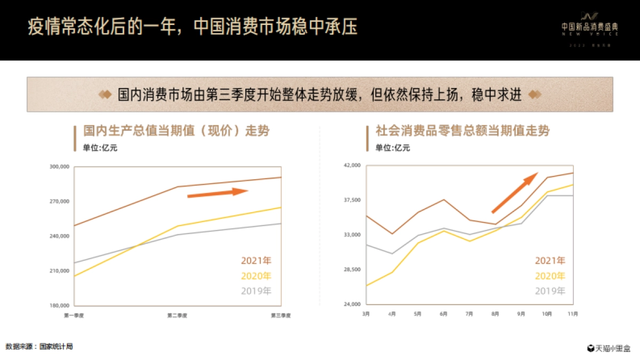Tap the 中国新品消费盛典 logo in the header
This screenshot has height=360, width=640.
[x=590, y=25]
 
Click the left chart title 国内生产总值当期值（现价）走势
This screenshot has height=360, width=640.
[x=176, y=131]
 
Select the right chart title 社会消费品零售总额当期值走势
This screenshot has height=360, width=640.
[x=462, y=131]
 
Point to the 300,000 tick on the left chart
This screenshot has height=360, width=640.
[x=59, y=167]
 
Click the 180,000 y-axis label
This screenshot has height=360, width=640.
[x=59, y=306]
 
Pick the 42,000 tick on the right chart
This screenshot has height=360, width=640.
[x=353, y=165]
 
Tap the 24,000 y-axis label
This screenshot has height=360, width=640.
[x=353, y=305]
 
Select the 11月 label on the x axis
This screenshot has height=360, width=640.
[x=571, y=314]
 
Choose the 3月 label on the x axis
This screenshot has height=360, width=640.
[x=366, y=314]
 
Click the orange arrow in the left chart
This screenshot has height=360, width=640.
[x=218, y=193]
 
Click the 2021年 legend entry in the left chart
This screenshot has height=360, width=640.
[x=256, y=261]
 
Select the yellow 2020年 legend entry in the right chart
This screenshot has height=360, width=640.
[x=549, y=276]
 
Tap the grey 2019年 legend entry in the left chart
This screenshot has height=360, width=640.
[x=256, y=291]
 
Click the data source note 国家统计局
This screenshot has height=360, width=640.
[x=39, y=347]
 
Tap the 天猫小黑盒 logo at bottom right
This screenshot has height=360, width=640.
[x=609, y=348]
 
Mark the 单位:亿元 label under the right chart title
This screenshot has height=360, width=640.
[x=393, y=148]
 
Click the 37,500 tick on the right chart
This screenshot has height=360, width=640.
[x=353, y=200]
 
